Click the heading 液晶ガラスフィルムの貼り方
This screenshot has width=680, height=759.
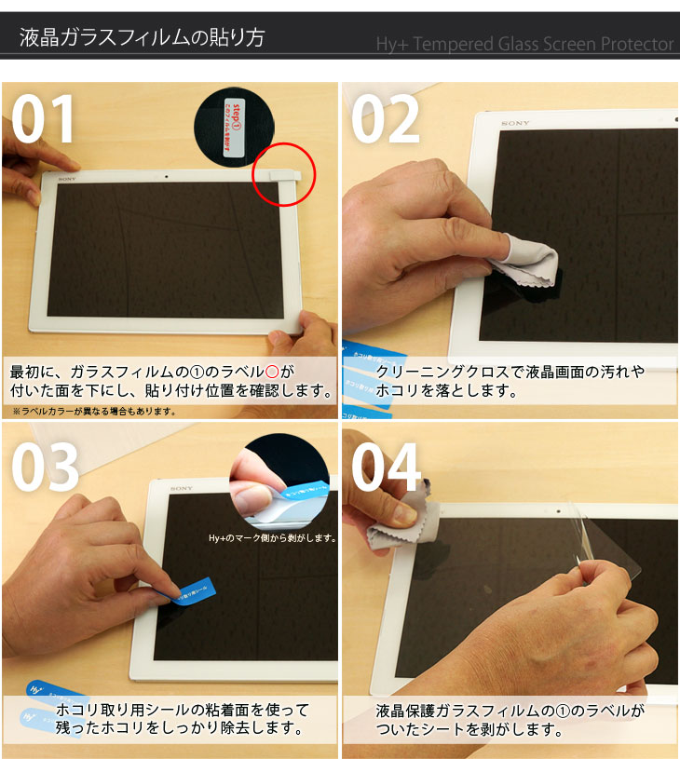pos(143,38)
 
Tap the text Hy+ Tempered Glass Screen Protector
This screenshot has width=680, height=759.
pos(524,45)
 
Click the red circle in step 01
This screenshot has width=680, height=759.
pos(284,174)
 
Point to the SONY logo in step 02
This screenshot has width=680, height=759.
pos(515,123)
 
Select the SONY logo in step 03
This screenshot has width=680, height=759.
pos(182,488)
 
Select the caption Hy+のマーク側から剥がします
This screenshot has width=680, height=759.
pos(272,537)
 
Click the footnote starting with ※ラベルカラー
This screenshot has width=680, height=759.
pos(94,411)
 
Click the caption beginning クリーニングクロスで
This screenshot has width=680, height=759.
pos(510,381)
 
